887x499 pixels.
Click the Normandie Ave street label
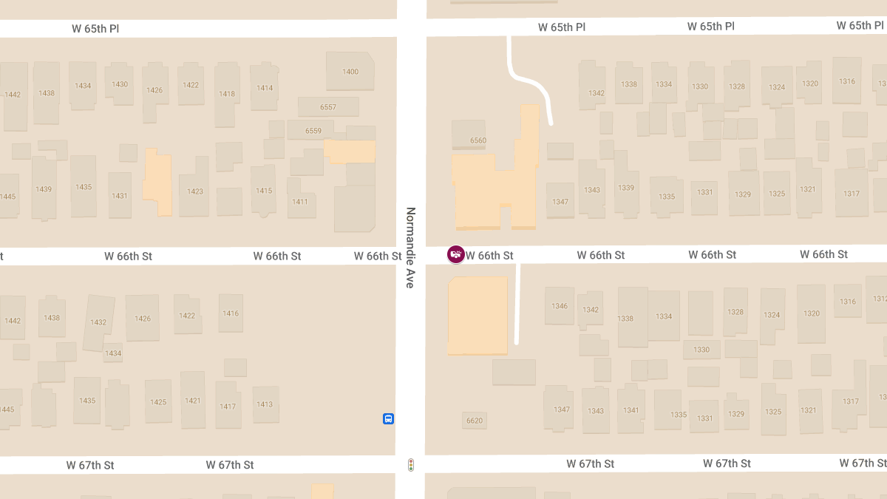pos(411,247)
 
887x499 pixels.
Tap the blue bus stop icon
pos(388,419)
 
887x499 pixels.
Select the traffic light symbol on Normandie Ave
pos(411,464)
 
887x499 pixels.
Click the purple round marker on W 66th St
pos(456,255)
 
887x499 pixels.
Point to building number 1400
pos(350,72)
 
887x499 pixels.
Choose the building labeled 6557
pos(328,107)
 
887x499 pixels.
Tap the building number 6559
pos(313,131)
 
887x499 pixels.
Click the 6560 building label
pos(478,140)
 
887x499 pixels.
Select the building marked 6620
pos(475,421)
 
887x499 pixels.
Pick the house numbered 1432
pos(98,322)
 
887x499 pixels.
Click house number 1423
pos(195,191)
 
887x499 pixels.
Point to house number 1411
pos(300,202)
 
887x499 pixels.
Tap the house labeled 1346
pos(560,306)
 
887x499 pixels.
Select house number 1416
pos(231,313)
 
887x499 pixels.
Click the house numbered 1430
pos(120,84)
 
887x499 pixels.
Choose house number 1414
pos(265,88)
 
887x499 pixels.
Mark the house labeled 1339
pos(626,188)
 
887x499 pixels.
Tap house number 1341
pos(631,410)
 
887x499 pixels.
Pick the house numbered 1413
pos(265,404)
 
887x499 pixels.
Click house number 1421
pos(193,401)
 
